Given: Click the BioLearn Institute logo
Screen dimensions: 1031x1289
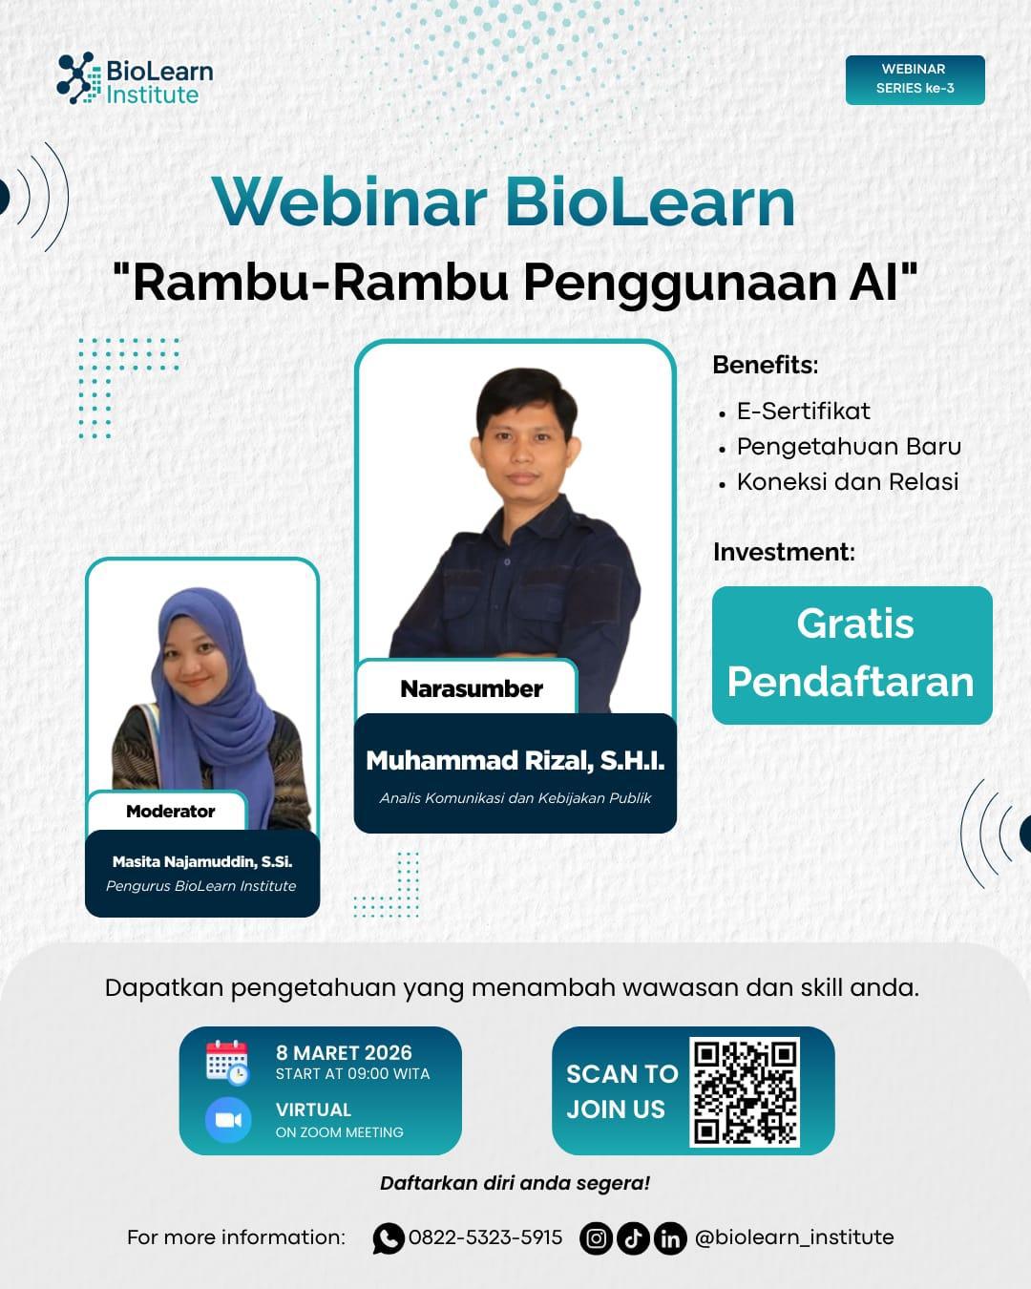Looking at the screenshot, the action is click(x=135, y=79).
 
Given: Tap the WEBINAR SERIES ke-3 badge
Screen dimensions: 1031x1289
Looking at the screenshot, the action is click(x=915, y=79).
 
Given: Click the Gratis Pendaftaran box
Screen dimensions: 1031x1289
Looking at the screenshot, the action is click(x=852, y=655).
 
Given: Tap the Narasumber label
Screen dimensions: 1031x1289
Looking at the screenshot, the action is click(x=472, y=688).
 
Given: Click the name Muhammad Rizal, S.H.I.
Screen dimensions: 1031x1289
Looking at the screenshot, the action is click(x=515, y=760).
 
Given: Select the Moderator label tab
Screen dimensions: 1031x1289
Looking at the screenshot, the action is click(x=170, y=811).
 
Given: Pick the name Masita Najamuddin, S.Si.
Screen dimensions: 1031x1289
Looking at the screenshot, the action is click(x=202, y=861).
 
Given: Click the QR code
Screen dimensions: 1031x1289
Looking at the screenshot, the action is click(x=745, y=1092).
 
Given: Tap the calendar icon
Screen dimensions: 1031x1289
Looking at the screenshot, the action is click(x=227, y=1063).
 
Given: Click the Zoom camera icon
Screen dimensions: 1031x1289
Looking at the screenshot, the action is click(x=228, y=1119).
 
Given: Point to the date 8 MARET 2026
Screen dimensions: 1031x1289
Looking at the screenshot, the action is click(x=344, y=1052).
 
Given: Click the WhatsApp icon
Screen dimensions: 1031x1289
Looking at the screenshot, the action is click(x=388, y=1238).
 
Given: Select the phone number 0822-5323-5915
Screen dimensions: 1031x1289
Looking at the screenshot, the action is click(x=485, y=1237).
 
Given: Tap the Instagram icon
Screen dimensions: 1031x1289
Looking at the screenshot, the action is click(x=596, y=1238).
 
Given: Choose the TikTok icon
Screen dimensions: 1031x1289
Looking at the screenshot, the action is click(x=633, y=1238).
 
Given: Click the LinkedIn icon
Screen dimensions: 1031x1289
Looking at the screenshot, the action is click(x=670, y=1238).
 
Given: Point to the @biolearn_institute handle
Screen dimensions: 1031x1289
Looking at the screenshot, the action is click(x=794, y=1237).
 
